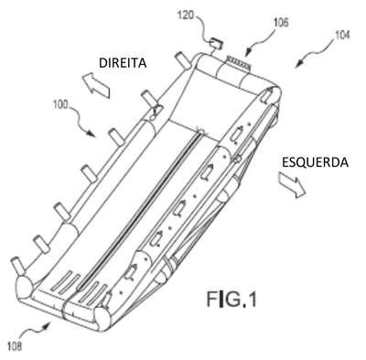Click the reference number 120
pos(185,15)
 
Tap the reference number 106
pos(279,23)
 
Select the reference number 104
pos(342,36)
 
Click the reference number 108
pos(14,346)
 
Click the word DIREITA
pos(123,63)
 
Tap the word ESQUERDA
pos(315,162)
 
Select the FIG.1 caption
pos(231,299)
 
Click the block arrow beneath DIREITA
pos(96,84)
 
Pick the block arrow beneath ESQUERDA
pos(292,185)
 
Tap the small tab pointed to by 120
pos(216,43)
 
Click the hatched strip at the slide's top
pos(238,63)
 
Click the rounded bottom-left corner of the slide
pos(25,289)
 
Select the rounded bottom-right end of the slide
pos(102,319)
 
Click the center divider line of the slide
pos(140,209)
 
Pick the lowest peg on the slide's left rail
pos(17,265)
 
